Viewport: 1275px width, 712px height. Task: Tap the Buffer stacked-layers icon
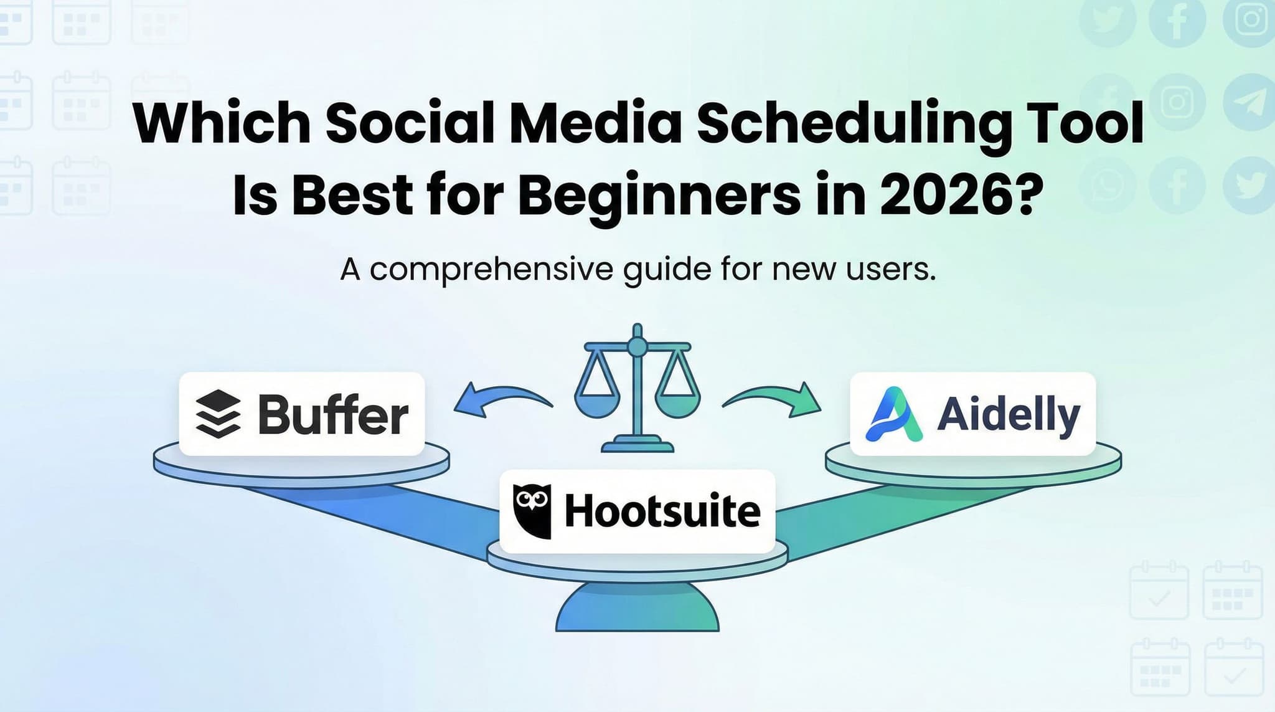tap(218, 414)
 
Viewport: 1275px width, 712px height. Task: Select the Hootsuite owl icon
tap(532, 511)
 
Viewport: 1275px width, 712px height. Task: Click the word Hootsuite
tap(662, 511)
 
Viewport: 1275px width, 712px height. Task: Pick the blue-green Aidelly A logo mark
tap(894, 414)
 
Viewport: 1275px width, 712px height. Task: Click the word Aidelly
tap(1008, 414)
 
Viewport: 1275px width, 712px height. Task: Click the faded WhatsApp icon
tap(1108, 186)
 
